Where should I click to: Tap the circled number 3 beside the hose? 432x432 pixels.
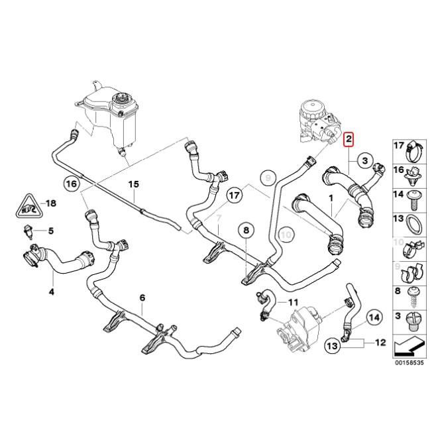(364, 160)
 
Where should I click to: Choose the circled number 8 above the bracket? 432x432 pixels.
(246, 230)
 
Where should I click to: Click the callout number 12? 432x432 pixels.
(380, 343)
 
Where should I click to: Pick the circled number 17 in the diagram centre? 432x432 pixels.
(234, 195)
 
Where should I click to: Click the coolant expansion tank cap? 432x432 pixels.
(122, 101)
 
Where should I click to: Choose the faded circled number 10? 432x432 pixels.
(286, 233)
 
